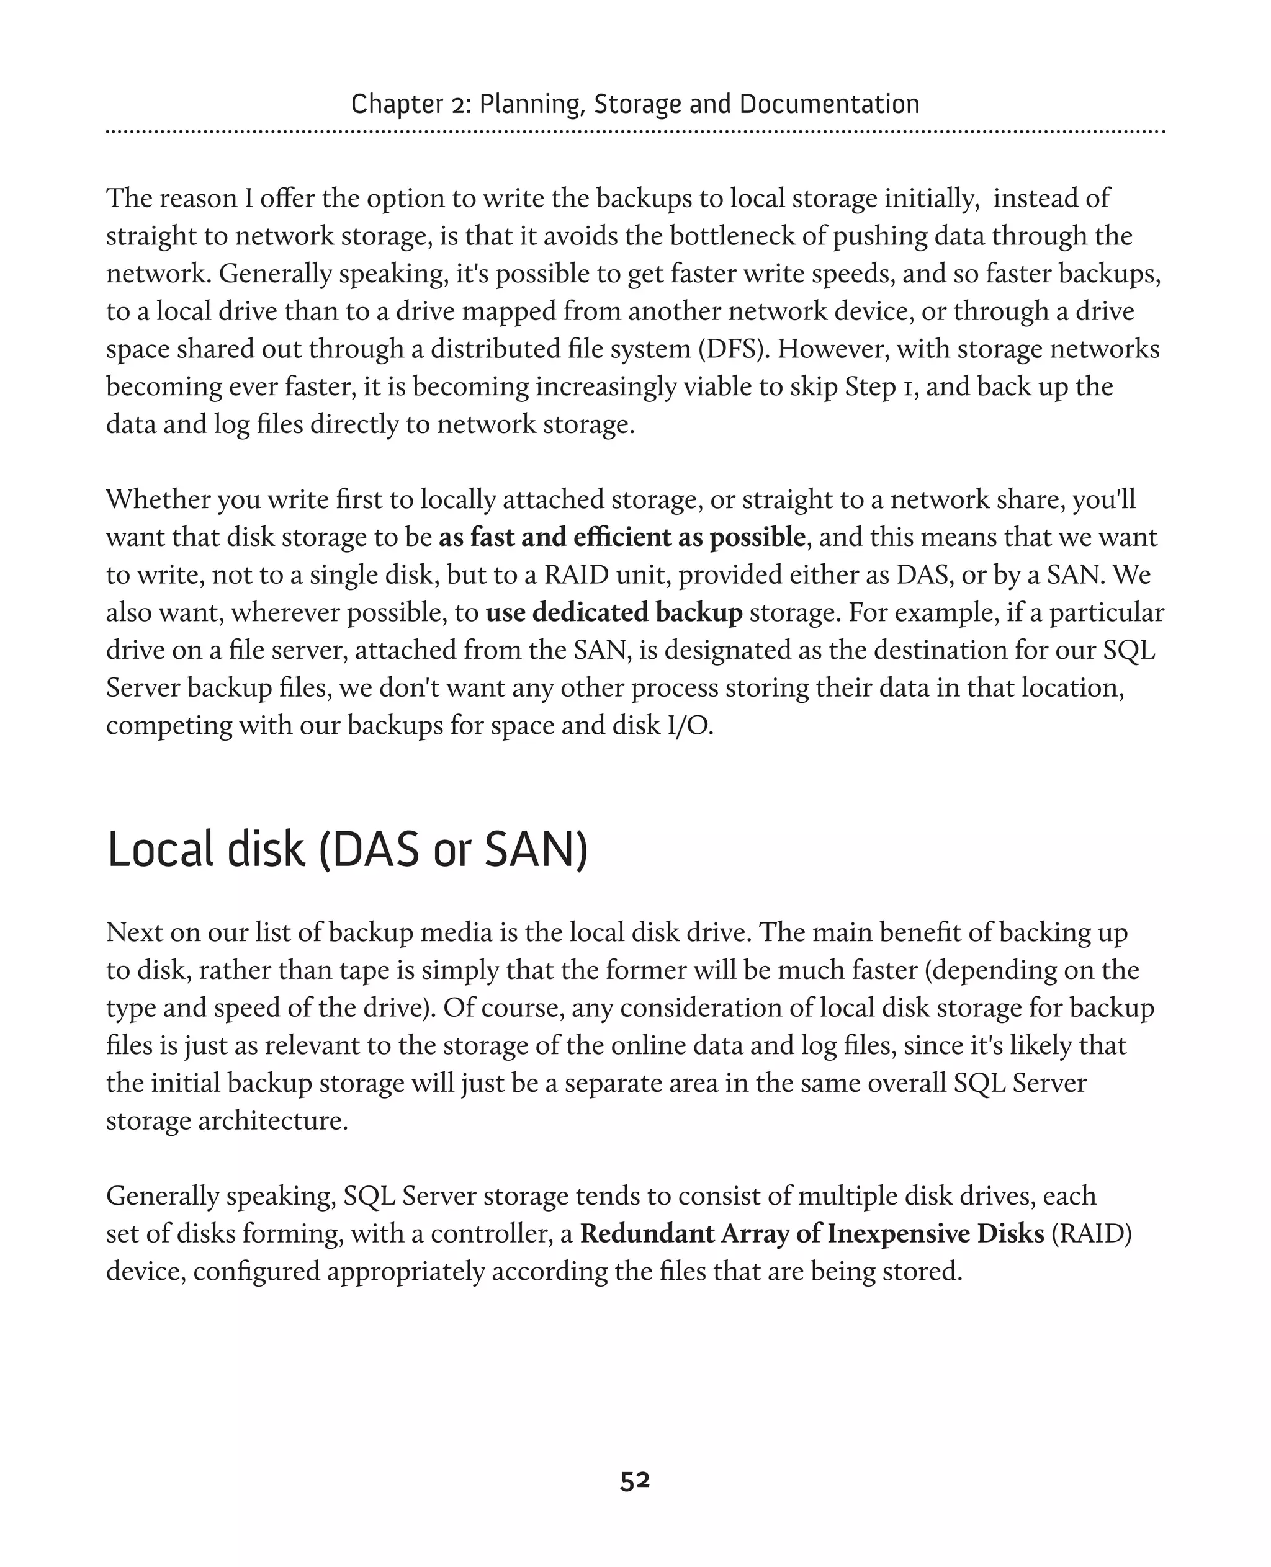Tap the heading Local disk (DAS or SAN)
(x=348, y=850)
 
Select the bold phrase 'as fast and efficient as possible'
(x=622, y=537)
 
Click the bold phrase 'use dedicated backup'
(x=614, y=613)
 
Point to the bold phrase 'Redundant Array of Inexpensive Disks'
(x=812, y=1233)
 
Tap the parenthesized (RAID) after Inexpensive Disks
(x=1092, y=1233)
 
